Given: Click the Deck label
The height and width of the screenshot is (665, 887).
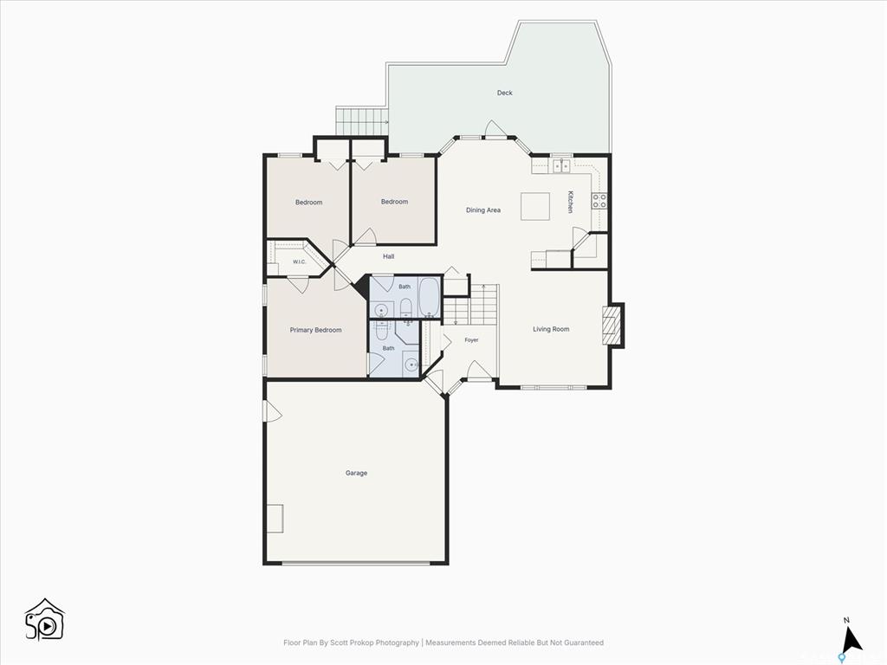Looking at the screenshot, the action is [x=505, y=93].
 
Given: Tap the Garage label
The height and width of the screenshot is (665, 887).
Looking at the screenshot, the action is [x=356, y=473].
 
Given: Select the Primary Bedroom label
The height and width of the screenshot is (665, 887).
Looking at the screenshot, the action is [x=315, y=330].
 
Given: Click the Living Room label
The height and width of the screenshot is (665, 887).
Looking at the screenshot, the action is [x=551, y=328].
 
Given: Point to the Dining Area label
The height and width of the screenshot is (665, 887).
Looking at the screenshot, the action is [x=483, y=210].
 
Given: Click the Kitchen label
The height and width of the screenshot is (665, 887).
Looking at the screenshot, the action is [x=570, y=202].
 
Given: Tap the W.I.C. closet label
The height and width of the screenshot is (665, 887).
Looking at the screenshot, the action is [x=299, y=261].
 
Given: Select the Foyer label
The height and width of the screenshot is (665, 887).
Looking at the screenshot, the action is [x=471, y=339].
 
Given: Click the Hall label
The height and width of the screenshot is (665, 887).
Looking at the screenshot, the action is [x=389, y=256].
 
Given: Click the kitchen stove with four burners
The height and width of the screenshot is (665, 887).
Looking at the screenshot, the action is [x=599, y=200].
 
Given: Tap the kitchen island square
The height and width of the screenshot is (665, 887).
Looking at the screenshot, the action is [x=535, y=206].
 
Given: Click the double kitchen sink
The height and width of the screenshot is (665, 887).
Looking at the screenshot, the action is [x=561, y=166].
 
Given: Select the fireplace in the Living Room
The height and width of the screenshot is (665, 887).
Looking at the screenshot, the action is [x=612, y=326].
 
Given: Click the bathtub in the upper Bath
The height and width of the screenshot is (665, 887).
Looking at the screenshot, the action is [x=430, y=297].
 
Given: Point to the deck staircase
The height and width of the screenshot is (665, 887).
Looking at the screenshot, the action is [x=362, y=120].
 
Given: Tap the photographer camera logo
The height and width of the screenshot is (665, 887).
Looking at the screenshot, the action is [x=45, y=619].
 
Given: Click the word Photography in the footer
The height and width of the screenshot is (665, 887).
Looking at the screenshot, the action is [x=398, y=642].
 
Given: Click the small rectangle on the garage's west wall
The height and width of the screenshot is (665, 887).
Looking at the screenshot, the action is [x=275, y=518].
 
